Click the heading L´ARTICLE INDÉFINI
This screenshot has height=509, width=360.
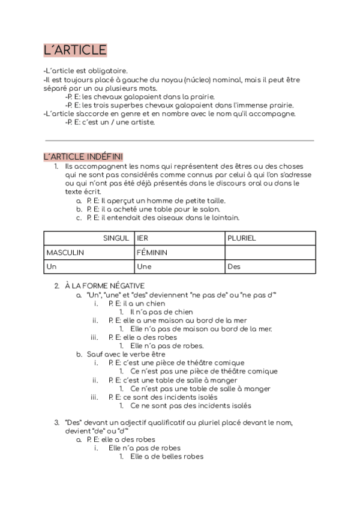pos(83,157)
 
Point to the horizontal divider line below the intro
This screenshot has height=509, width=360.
pos(179,140)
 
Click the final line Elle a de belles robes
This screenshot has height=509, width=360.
pos(166,457)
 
